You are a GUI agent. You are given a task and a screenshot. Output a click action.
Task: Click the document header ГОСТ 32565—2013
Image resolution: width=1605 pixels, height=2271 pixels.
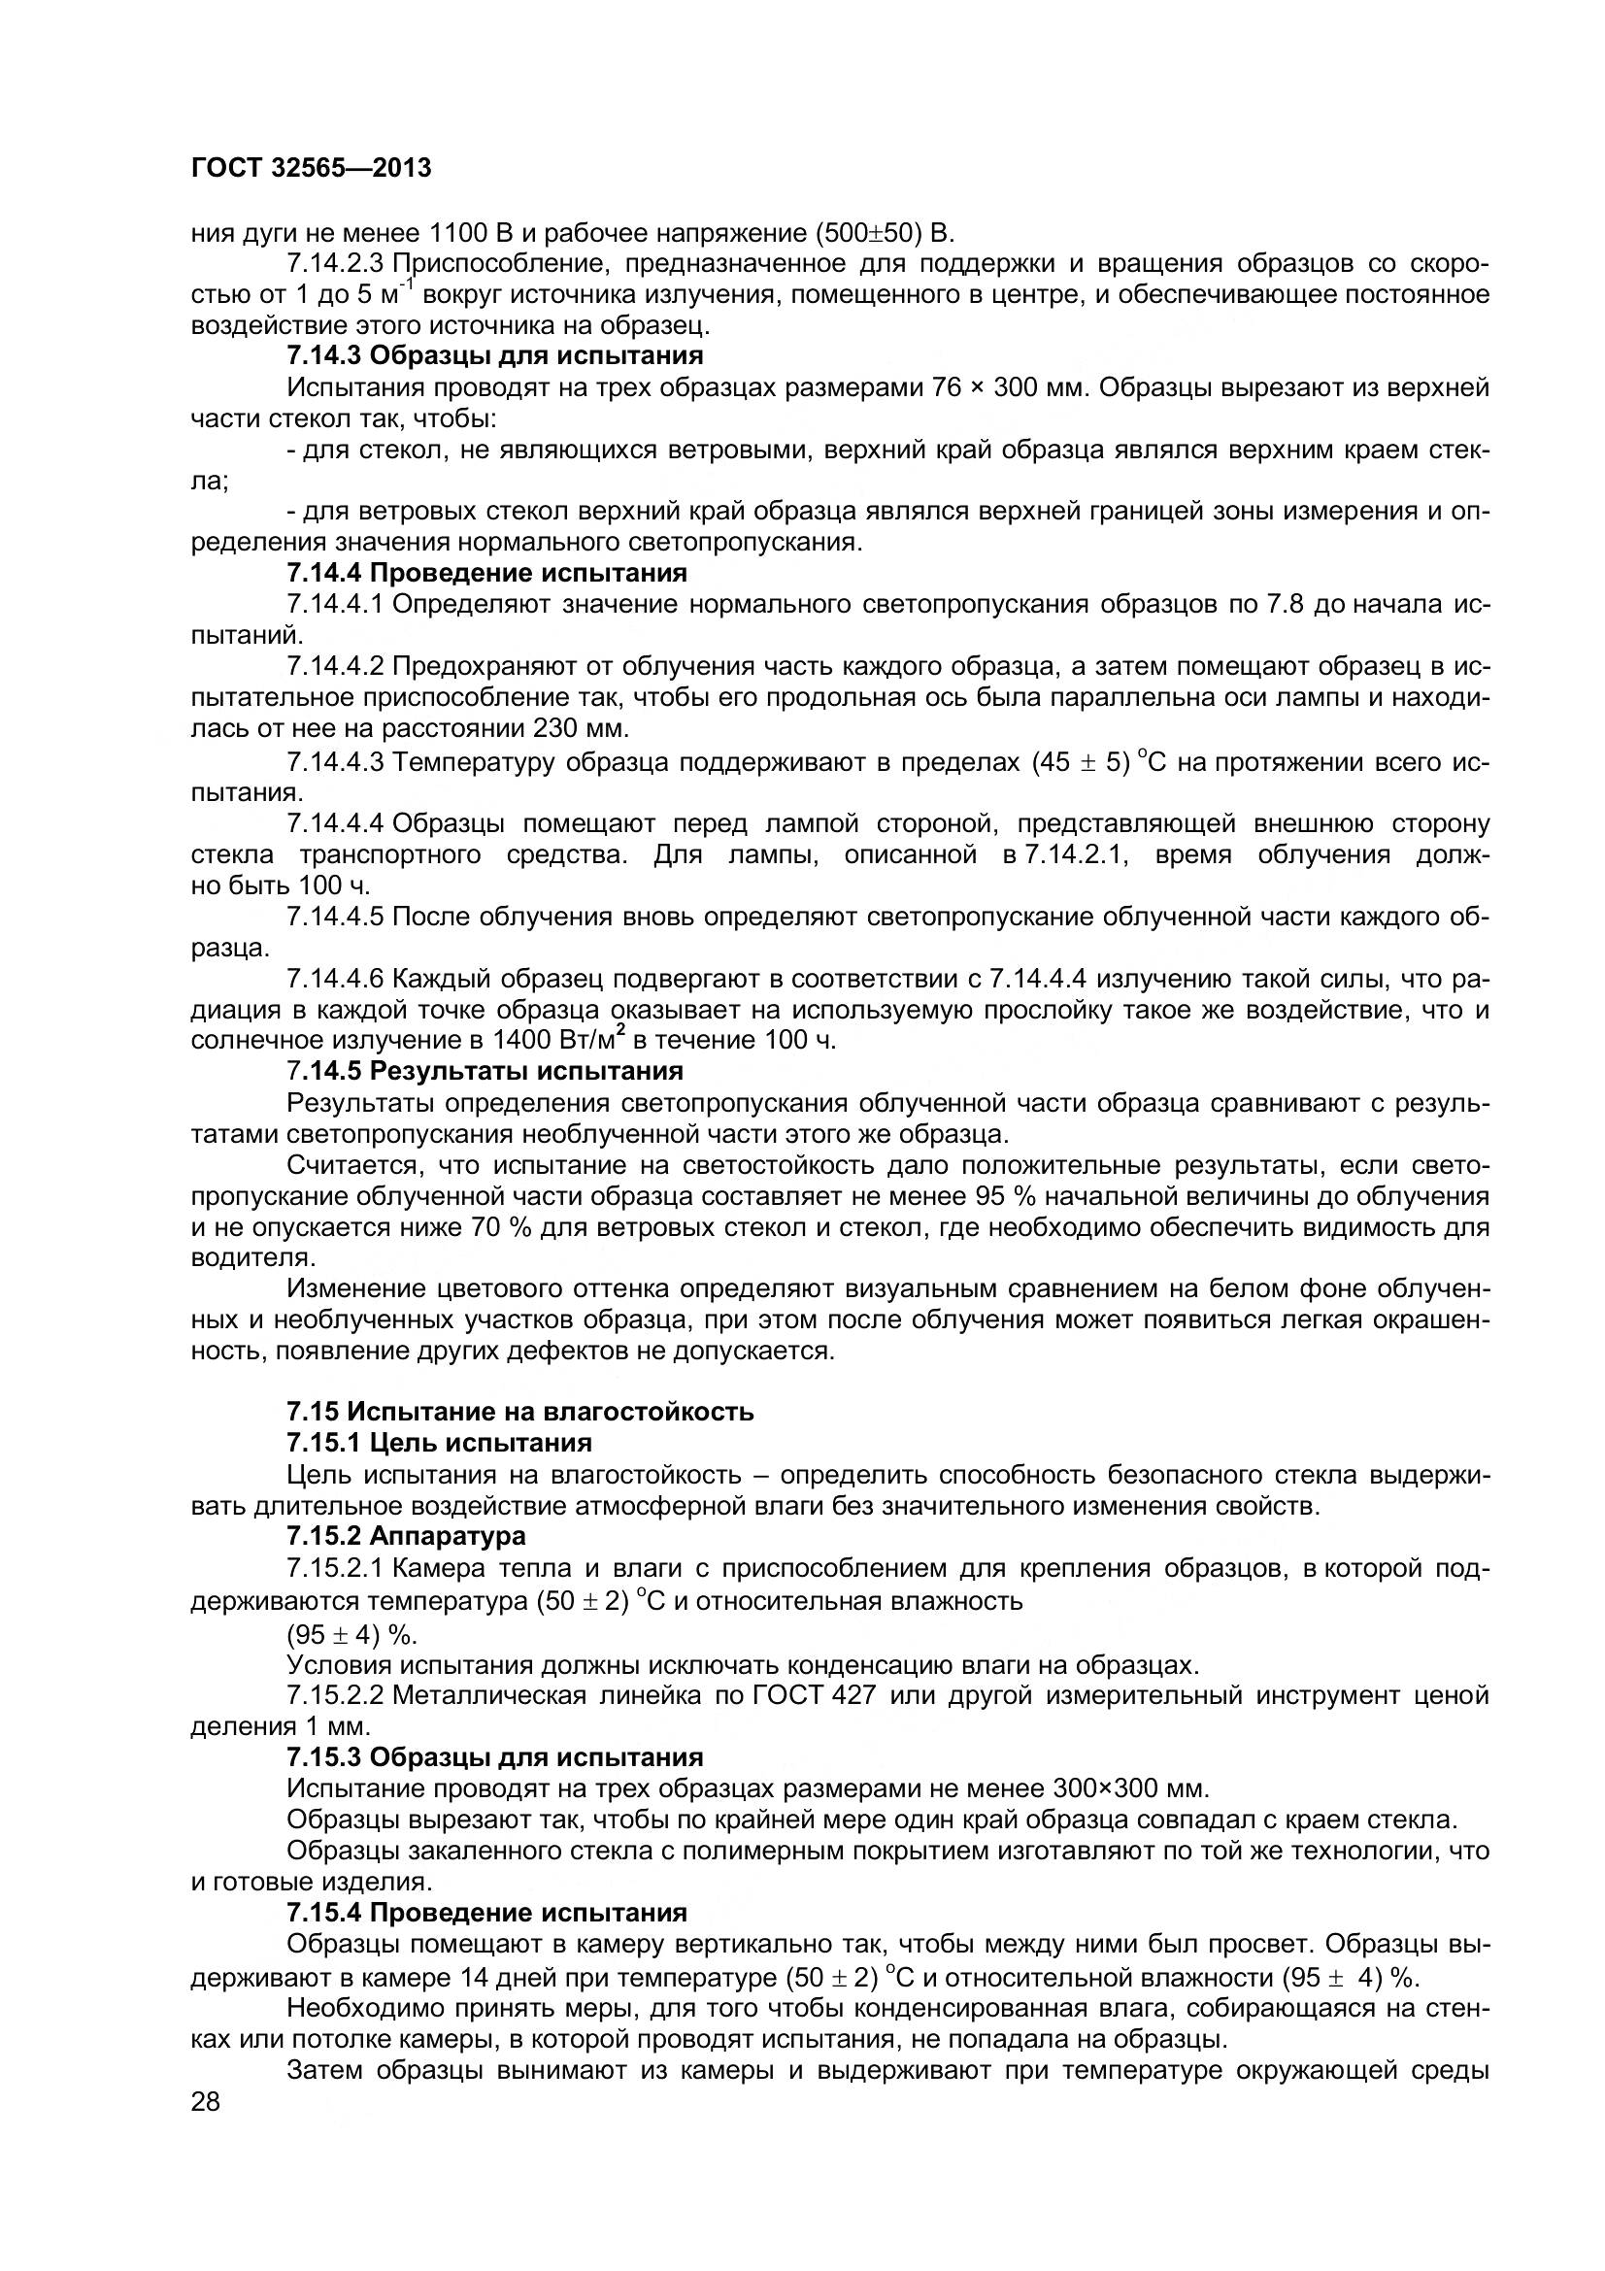(x=311, y=168)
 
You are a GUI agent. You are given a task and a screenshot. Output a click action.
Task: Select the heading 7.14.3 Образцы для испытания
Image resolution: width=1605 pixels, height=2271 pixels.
(x=494, y=355)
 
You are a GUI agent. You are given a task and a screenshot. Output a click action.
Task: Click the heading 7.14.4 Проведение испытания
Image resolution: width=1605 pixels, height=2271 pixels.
(x=486, y=573)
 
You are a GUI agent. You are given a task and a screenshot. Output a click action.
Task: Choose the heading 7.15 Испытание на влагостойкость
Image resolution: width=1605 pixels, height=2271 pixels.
(x=520, y=1412)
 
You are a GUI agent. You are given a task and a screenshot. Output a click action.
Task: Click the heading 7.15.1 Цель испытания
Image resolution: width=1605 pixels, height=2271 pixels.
(x=439, y=1442)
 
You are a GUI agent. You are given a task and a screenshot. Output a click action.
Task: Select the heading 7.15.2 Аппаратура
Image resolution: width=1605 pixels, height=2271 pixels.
(x=406, y=1535)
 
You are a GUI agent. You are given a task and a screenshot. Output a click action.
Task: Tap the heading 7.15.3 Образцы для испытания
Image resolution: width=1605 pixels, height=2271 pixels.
(x=494, y=1756)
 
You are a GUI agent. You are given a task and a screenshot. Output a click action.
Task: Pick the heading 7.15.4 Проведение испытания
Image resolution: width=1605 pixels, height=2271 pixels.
(x=486, y=1911)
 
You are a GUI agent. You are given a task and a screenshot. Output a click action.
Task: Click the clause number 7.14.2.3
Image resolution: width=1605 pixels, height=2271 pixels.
(x=336, y=264)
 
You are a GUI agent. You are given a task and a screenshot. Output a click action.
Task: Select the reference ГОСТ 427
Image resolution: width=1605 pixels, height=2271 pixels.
(x=814, y=1695)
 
